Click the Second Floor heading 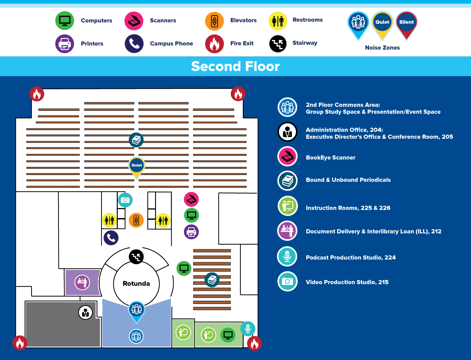235,67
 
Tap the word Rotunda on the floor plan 136,284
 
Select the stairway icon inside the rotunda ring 136,257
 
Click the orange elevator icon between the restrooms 136,220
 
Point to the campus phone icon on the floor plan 111,238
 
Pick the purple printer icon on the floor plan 191,232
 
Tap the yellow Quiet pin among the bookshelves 137,166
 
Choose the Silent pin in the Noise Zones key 406,23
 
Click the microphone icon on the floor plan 248,329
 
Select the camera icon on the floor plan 125,200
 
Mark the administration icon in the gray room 85,312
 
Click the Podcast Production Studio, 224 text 351,258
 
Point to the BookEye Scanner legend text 331,158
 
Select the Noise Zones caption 382,48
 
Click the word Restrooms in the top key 307,20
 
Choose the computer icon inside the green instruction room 228,335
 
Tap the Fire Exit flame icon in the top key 215,44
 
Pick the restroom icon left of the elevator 109,220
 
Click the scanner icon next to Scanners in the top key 134,21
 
